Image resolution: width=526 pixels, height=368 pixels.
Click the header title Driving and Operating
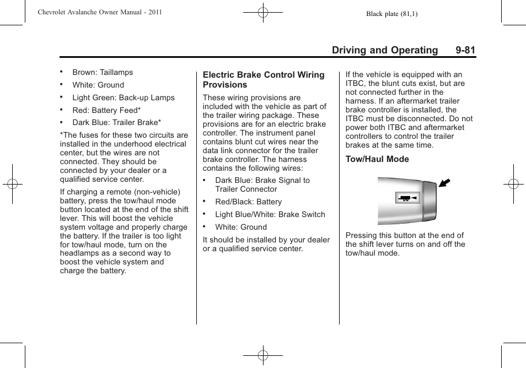384,50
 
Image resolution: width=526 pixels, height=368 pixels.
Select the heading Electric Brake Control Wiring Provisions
264,80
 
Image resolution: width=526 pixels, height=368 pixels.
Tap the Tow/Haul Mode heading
377,159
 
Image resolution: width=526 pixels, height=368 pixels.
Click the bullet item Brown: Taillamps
103,72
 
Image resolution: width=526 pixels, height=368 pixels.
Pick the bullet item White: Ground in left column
98,85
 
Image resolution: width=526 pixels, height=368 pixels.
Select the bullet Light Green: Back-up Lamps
124,98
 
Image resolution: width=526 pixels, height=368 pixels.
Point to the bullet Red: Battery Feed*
106,110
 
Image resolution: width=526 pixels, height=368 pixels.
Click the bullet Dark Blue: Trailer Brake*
116,123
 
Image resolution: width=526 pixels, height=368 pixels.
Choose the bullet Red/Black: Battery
248,202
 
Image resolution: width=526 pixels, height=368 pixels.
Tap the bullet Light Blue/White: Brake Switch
270,214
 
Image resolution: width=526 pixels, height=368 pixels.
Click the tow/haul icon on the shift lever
407,198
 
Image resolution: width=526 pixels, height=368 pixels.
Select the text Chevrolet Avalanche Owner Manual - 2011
100,12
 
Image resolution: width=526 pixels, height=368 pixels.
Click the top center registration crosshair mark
263,12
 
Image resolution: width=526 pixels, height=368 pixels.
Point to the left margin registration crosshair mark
12,184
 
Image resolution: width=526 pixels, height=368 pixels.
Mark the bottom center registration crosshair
263,356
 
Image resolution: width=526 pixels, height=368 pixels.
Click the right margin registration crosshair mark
513,184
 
